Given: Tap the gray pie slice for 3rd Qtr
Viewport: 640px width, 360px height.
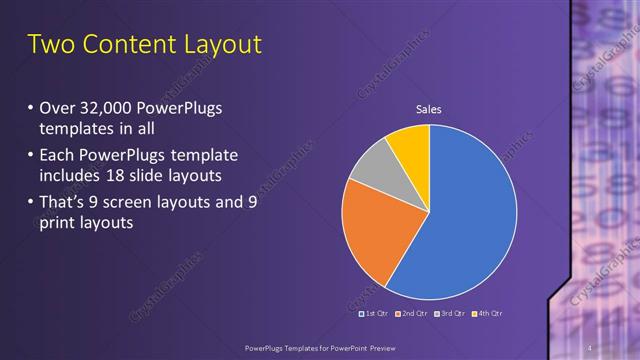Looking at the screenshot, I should point(369,166).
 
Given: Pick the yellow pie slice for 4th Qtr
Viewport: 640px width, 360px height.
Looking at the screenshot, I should point(411,145).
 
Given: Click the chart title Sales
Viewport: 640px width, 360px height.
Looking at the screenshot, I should point(429,109).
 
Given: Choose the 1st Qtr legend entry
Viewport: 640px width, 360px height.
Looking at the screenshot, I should point(374,314).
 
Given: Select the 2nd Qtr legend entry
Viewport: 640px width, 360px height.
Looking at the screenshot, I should point(412,314).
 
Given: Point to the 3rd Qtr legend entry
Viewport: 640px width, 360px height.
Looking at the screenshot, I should point(449,314).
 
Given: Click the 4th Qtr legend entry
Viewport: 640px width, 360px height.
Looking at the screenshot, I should point(486,314).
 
